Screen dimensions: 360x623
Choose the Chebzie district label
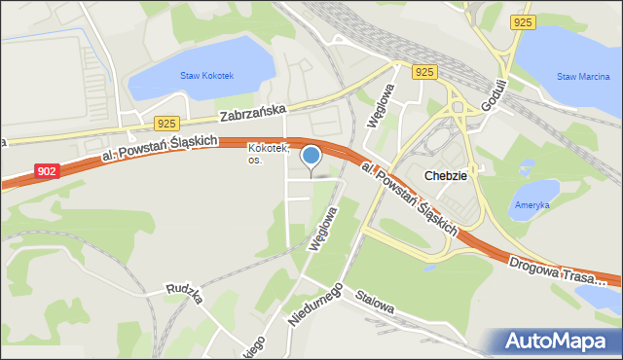pyautogui.click(x=446, y=175)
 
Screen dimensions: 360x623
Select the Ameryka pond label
pyautogui.click(x=531, y=205)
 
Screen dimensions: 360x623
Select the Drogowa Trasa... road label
pyautogui.click(x=558, y=270)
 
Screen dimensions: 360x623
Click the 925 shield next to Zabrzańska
pyautogui.click(x=165, y=123)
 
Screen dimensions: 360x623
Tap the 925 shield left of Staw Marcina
pyautogui.click(x=521, y=20)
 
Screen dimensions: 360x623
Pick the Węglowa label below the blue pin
pyautogui.click(x=322, y=230)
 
